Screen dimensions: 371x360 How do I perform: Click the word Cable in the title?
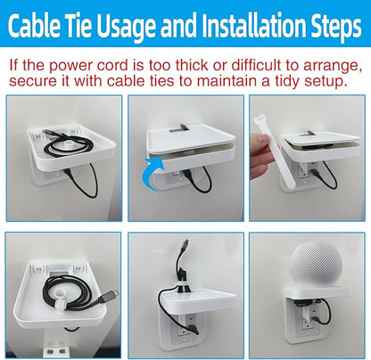coord(34,25)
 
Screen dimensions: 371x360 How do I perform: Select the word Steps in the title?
coord(336,28)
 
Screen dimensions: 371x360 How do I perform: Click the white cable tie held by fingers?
coord(274,152)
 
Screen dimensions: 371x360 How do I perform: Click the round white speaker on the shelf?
coord(317,264)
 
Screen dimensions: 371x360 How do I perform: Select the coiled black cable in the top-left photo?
coord(69,146)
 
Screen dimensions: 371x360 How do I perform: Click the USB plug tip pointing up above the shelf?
coord(186,241)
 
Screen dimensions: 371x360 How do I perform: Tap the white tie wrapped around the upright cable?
coord(184,286)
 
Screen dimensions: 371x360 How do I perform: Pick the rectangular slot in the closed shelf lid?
coord(180,128)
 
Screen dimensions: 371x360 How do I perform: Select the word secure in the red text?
coord(33,81)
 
